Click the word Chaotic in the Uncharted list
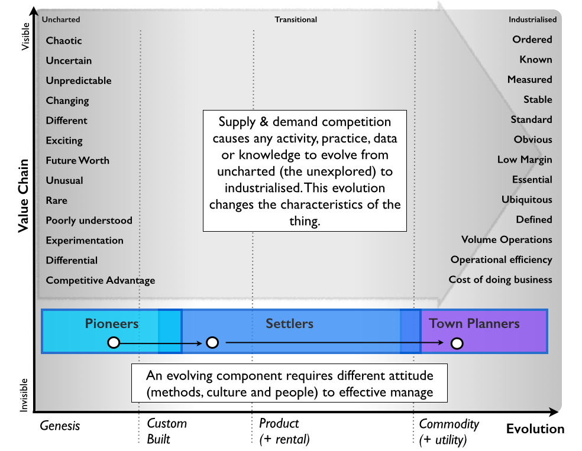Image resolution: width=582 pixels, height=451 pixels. (x=64, y=41)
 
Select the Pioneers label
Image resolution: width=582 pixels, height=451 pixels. (x=112, y=323)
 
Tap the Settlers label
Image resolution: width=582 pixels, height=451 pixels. (x=289, y=323)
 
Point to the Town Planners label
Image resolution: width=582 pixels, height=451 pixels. (x=474, y=323)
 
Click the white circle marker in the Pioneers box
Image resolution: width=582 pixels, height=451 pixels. (x=114, y=343)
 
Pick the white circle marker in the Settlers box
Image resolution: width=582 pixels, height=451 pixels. (x=212, y=343)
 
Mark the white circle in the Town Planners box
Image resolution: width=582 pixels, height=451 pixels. (x=456, y=343)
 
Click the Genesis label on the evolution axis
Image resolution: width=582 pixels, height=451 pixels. (x=60, y=426)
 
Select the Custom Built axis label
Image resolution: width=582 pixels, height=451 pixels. (x=167, y=431)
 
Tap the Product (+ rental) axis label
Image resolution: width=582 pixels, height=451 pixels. (x=284, y=431)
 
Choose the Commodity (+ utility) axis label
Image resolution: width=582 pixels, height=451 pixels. (x=448, y=431)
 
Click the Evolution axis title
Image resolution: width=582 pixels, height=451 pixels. (x=535, y=429)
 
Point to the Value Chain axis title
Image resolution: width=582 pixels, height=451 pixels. (x=23, y=186)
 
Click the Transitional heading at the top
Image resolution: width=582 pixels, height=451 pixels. (x=296, y=20)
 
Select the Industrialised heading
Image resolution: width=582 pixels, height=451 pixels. (x=532, y=20)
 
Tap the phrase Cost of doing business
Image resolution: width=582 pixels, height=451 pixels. (x=500, y=280)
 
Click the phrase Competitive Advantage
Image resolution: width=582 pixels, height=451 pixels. (x=101, y=280)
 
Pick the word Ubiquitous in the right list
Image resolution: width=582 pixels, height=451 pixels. (x=526, y=200)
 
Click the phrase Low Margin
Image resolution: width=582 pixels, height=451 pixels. (x=525, y=160)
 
